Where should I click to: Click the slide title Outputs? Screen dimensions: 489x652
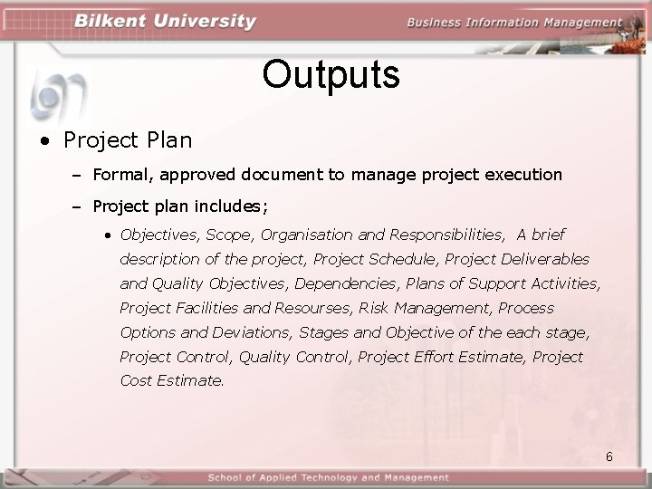pos(331,75)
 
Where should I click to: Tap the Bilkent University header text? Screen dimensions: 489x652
pos(166,22)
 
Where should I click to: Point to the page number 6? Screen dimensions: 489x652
pos(609,456)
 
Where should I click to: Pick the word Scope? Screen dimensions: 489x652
pos(230,235)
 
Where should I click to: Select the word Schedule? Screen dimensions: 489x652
pos(403,259)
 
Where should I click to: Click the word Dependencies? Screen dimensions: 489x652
pos(349,283)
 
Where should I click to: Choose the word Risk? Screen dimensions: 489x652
pos(376,308)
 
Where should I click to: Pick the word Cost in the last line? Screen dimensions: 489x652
pos(136,381)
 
